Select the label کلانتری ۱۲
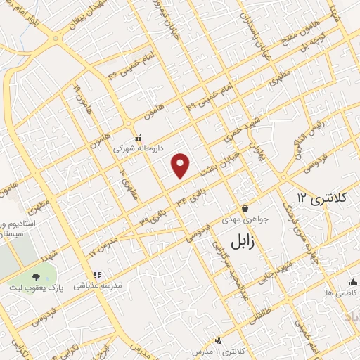pos(324,199)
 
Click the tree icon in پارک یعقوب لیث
pos(36,276)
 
